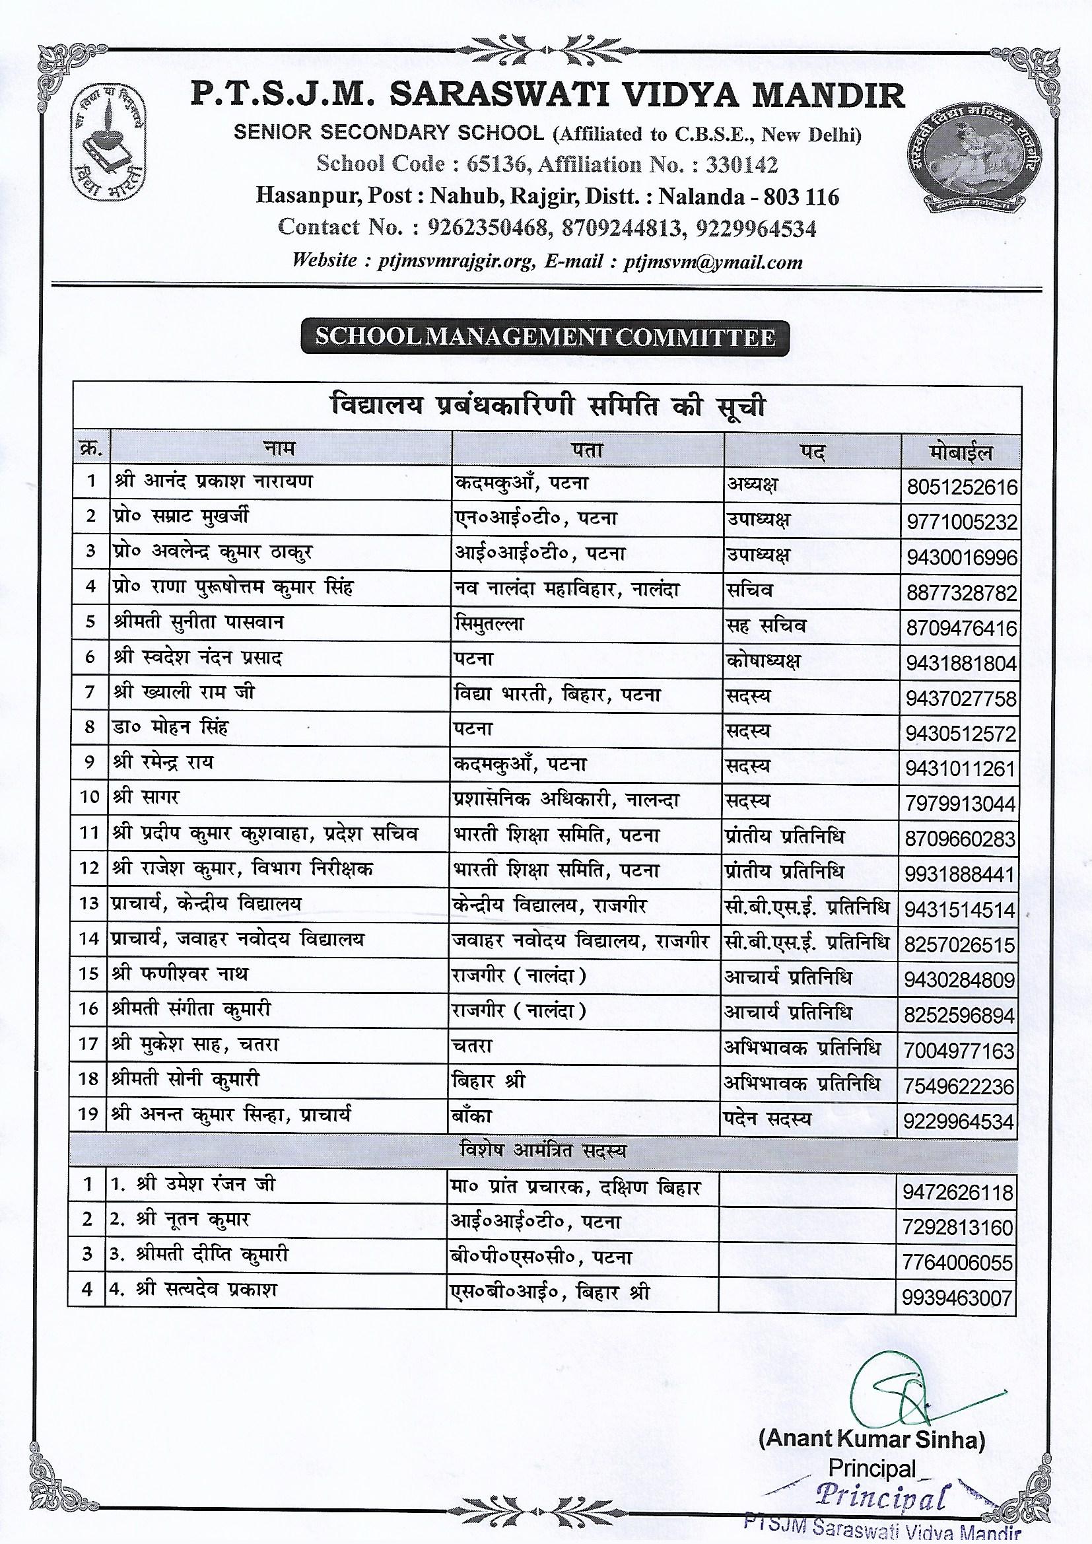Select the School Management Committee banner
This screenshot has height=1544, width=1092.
click(545, 337)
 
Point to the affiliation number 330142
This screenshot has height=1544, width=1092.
click(738, 164)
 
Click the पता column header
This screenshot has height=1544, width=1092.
click(587, 450)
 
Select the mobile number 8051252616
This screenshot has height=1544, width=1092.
click(961, 487)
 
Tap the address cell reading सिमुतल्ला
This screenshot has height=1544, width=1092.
click(489, 624)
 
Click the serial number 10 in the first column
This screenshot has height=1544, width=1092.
click(90, 798)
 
